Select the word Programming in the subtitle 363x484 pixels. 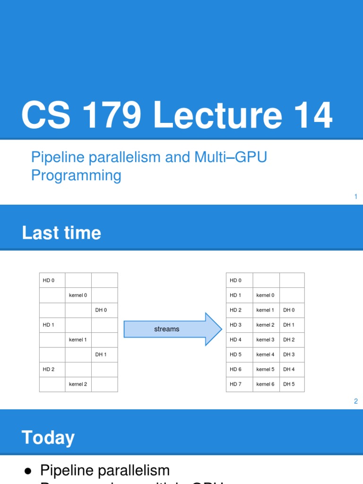(76, 175)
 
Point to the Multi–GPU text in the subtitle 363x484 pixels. (231, 157)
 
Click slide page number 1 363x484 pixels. (355, 197)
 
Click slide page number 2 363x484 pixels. (355, 401)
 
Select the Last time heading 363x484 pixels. (61, 233)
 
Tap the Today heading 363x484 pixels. (48, 438)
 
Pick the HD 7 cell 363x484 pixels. (240, 384)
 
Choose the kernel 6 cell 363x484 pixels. (266, 384)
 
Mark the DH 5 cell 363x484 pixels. (292, 384)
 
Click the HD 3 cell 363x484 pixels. (240, 325)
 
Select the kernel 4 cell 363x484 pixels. (266, 354)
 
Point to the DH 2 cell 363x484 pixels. (292, 340)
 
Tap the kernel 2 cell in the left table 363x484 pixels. (78, 384)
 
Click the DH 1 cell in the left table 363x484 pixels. (104, 354)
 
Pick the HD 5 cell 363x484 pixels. (240, 354)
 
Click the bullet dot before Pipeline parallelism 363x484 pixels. (28, 471)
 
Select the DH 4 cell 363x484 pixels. (292, 370)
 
